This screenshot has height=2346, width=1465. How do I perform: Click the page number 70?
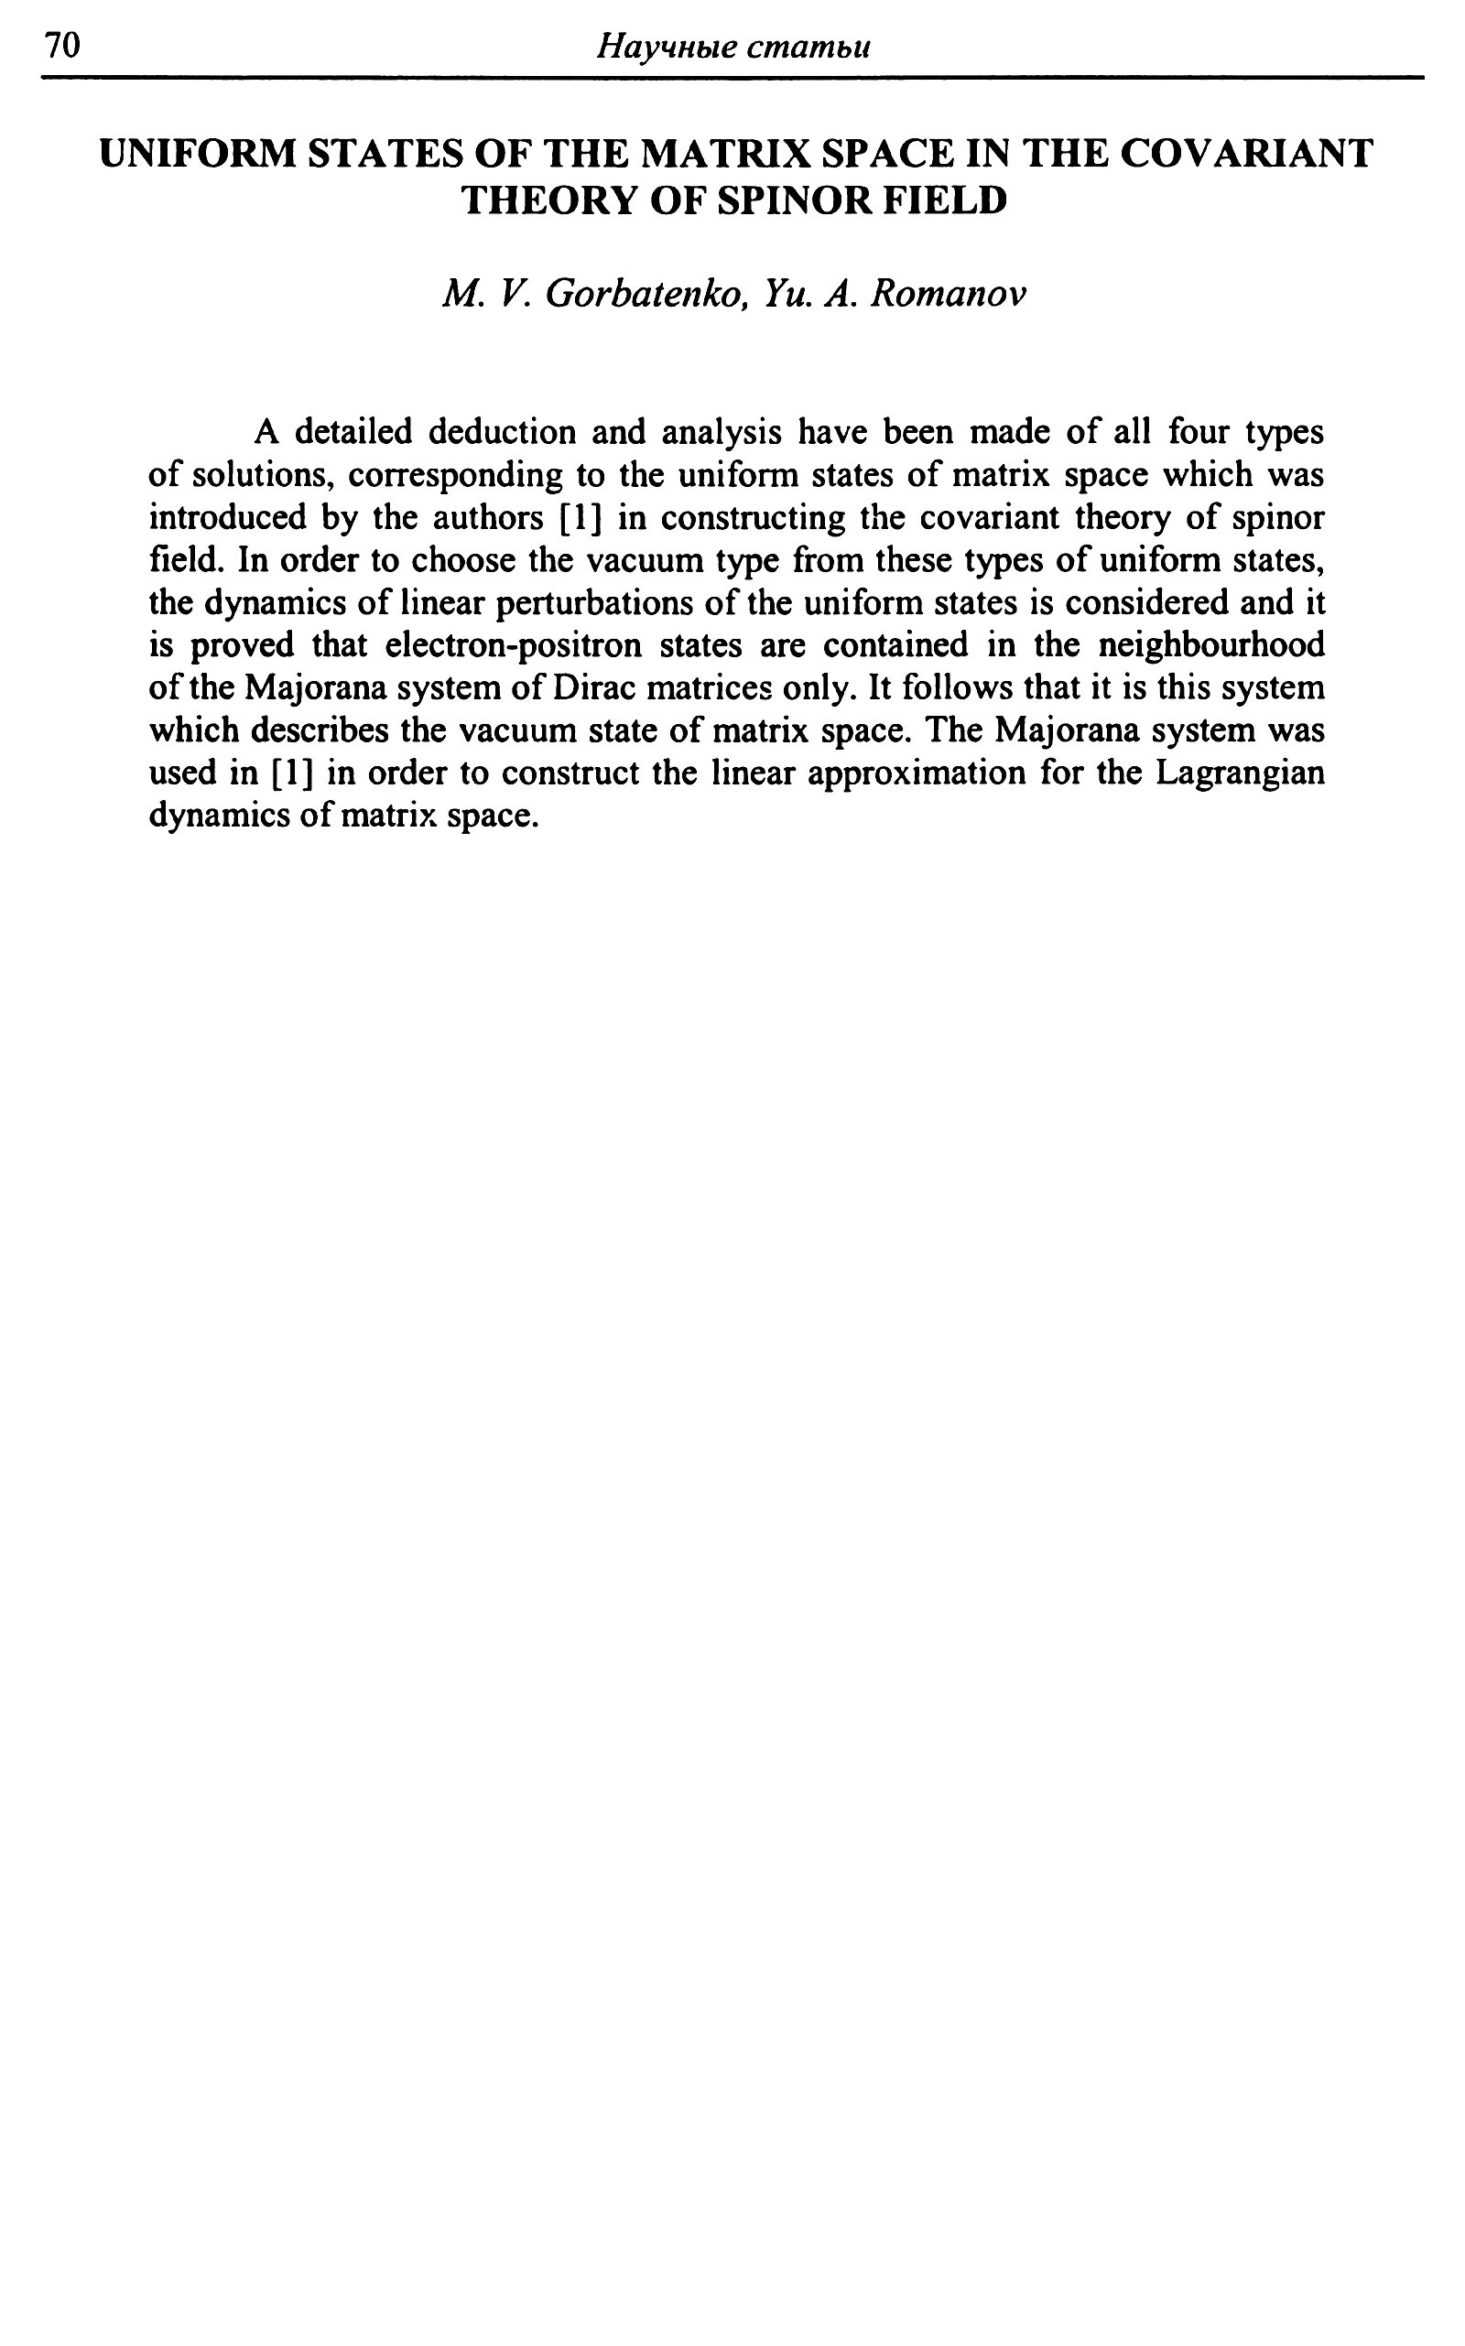[x=60, y=47]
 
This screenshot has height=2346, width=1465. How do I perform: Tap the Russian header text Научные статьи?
[x=732, y=47]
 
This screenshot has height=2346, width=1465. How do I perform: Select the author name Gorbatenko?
[x=644, y=294]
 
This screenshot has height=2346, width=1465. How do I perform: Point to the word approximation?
[x=915, y=775]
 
